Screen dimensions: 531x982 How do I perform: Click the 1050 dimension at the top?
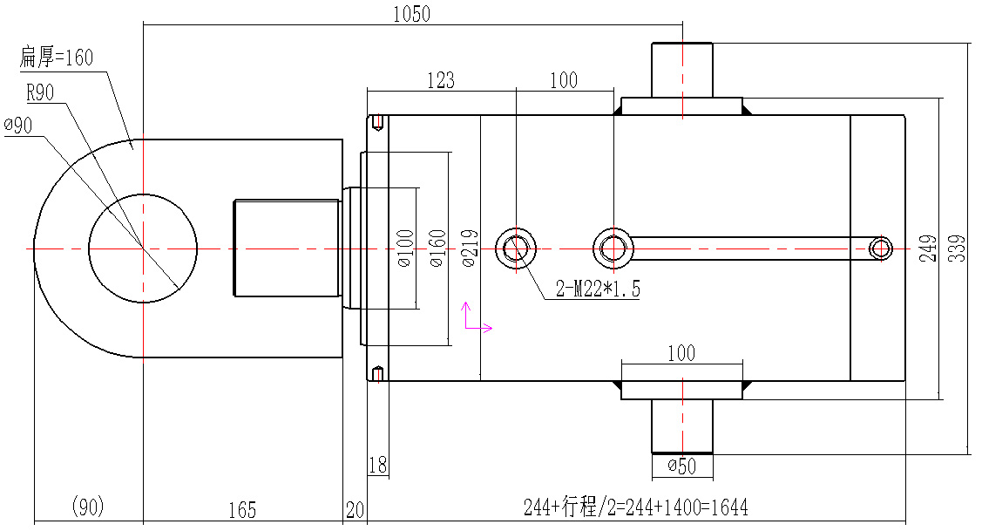pyautogui.click(x=412, y=14)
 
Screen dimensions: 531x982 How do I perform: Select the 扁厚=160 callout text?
pyautogui.click(x=56, y=58)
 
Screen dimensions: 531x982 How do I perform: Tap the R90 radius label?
pyautogui.click(x=41, y=92)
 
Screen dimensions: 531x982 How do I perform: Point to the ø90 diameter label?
pyautogui.click(x=18, y=126)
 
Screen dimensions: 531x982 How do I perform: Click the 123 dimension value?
pyautogui.click(x=440, y=80)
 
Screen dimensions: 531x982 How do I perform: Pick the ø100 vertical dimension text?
pyautogui.click(x=404, y=248)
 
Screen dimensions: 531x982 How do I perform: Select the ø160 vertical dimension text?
pyautogui.click(x=437, y=248)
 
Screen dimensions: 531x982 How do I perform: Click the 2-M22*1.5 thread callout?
pyautogui.click(x=598, y=290)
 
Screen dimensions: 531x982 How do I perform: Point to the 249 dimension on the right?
pyautogui.click(x=927, y=248)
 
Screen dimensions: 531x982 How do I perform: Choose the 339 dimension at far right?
pyautogui.click(x=958, y=248)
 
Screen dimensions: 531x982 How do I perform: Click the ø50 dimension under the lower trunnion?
pyautogui.click(x=681, y=466)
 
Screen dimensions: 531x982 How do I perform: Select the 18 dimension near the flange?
pyautogui.click(x=377, y=466)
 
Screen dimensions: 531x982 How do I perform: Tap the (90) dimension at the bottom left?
pyautogui.click(x=87, y=507)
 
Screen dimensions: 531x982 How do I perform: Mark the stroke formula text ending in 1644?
pyautogui.click(x=635, y=507)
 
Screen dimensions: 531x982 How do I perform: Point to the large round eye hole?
pyautogui.click(x=143, y=248)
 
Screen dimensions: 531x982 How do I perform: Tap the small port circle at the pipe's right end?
pyautogui.click(x=881, y=248)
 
